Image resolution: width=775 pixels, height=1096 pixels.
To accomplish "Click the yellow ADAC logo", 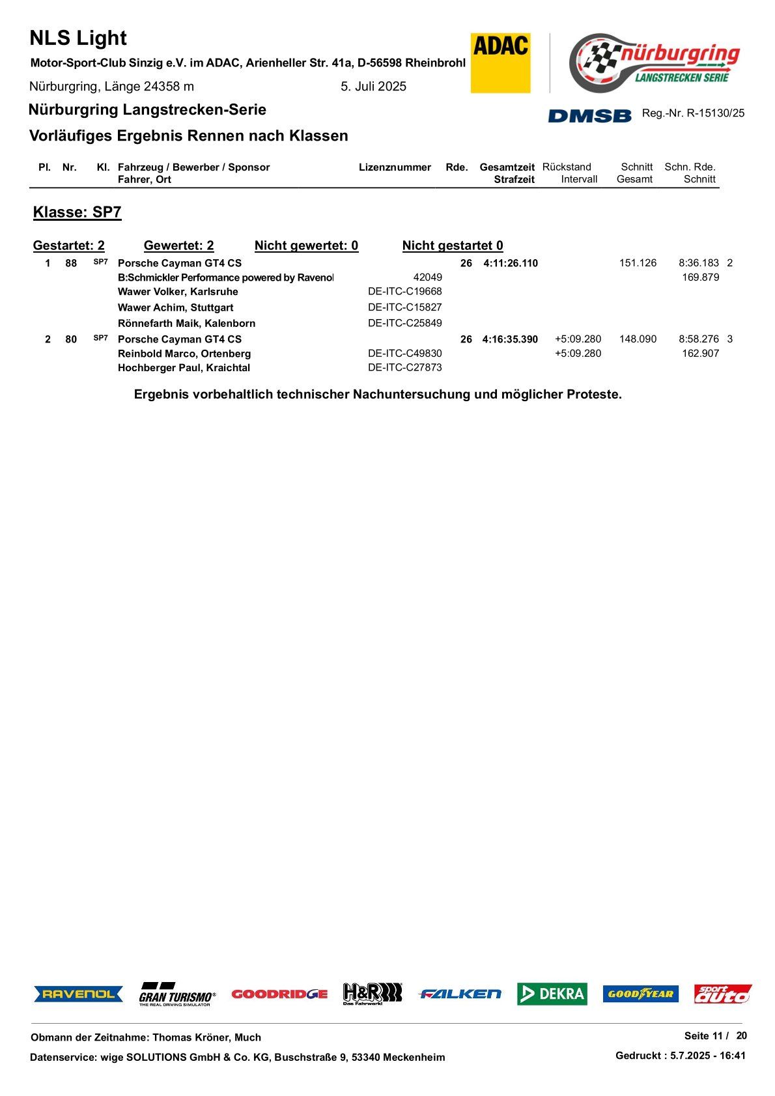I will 500,63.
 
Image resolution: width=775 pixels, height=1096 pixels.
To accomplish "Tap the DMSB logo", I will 589,115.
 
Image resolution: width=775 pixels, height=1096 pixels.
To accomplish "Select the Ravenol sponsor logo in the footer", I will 78,994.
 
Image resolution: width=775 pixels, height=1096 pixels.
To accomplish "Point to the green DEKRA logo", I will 552,994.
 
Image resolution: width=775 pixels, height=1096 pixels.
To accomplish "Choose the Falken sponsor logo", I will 460,994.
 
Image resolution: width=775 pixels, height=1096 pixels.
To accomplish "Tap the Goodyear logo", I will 640,994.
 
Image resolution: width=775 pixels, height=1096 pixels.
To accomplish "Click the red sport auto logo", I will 722,994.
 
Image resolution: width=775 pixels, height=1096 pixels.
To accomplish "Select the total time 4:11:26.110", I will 511,264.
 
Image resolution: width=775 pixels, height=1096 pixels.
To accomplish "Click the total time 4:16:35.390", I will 510,339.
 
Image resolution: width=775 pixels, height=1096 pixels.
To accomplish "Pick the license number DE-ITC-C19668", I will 404,292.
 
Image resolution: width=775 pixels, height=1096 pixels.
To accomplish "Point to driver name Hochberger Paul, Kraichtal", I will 184,368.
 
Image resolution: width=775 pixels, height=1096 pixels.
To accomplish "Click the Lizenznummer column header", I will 395,167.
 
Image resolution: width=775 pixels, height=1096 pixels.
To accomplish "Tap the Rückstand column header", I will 567,167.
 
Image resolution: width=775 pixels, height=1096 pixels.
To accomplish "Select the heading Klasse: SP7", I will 77,212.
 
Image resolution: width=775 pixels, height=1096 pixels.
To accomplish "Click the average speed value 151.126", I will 638,263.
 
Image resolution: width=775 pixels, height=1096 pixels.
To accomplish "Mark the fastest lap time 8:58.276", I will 698,339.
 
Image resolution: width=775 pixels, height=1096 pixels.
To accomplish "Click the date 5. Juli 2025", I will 373,87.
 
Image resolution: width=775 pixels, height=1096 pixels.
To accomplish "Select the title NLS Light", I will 78,38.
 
